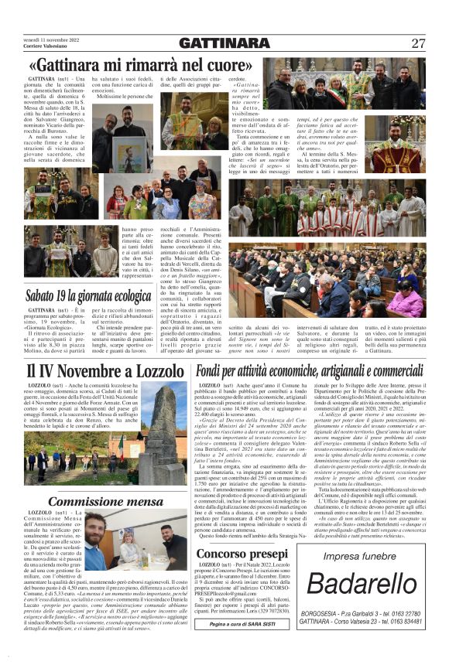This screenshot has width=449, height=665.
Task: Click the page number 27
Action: (418, 43)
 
